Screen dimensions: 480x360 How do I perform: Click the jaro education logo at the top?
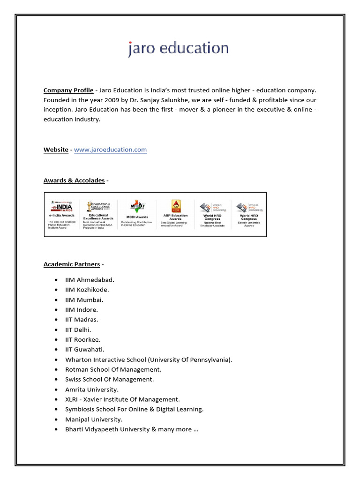click(x=179, y=49)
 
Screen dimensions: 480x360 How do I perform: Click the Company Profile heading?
click(x=68, y=90)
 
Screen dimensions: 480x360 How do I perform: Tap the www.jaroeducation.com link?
click(x=110, y=150)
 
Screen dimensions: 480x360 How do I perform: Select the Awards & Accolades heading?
click(x=74, y=180)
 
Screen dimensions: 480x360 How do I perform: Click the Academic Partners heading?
click(x=72, y=264)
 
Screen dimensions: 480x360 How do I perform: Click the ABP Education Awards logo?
click(x=175, y=206)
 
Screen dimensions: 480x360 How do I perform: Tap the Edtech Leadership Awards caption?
click(x=249, y=224)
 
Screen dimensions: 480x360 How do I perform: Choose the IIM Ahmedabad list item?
click(x=90, y=280)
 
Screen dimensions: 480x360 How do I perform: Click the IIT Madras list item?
click(x=82, y=319)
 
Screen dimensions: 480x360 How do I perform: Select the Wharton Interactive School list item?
click(x=149, y=360)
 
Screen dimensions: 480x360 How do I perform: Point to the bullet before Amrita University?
click(x=56, y=390)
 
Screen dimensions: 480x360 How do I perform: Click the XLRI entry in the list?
click(x=122, y=399)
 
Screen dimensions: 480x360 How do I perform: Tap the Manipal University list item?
click(x=94, y=419)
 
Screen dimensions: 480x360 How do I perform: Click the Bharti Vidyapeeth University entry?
click(x=131, y=429)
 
